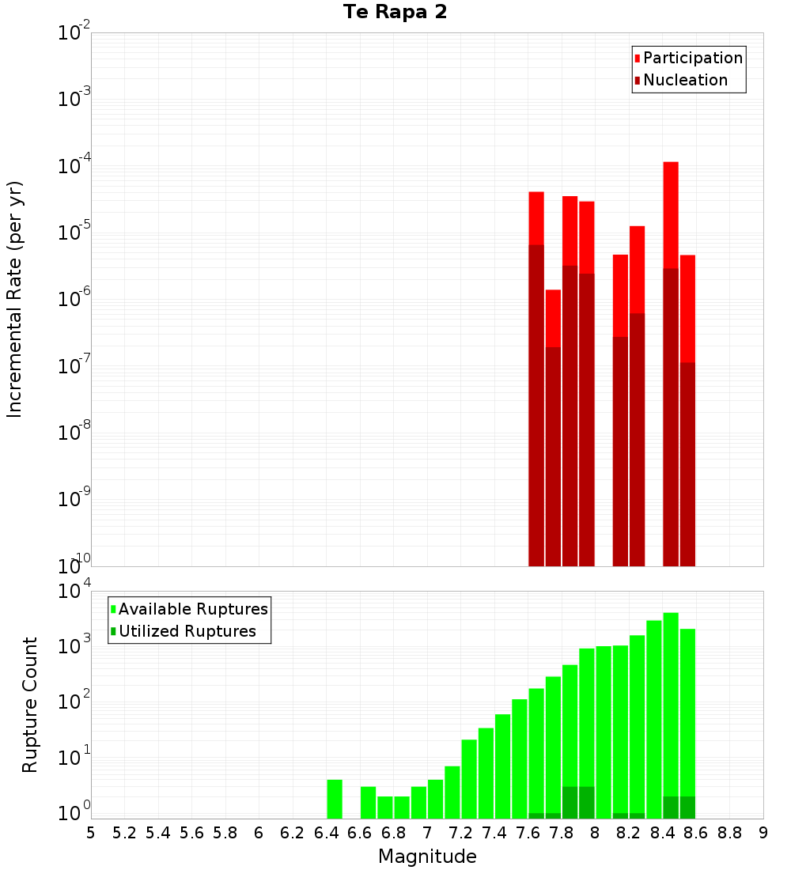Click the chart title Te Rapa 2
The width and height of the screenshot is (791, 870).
point(395,13)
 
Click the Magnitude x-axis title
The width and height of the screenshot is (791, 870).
point(427,857)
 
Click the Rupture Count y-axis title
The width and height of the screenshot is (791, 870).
point(30,705)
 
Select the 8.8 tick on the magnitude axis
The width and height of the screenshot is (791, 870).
point(729,833)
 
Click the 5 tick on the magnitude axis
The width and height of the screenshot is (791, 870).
point(91,833)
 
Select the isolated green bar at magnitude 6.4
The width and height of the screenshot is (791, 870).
point(335,799)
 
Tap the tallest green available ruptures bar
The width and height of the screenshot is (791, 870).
point(671,712)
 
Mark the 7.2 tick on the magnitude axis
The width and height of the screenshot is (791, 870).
point(460,833)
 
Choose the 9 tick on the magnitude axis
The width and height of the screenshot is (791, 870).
point(763,833)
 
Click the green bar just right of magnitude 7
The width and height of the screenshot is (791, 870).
point(435,799)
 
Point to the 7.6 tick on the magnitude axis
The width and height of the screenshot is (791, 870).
point(528,833)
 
